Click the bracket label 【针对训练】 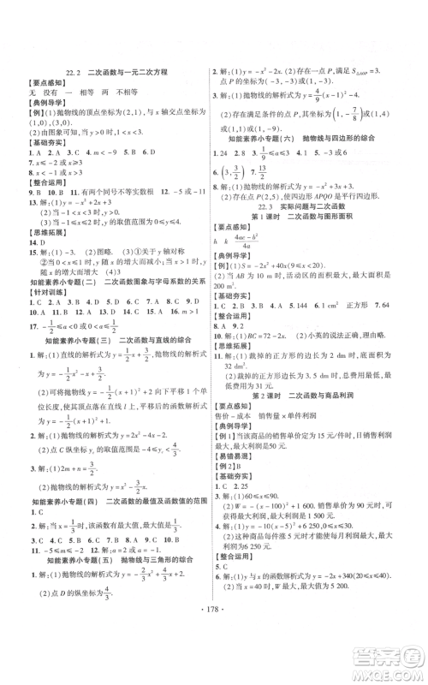tap(42, 289)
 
